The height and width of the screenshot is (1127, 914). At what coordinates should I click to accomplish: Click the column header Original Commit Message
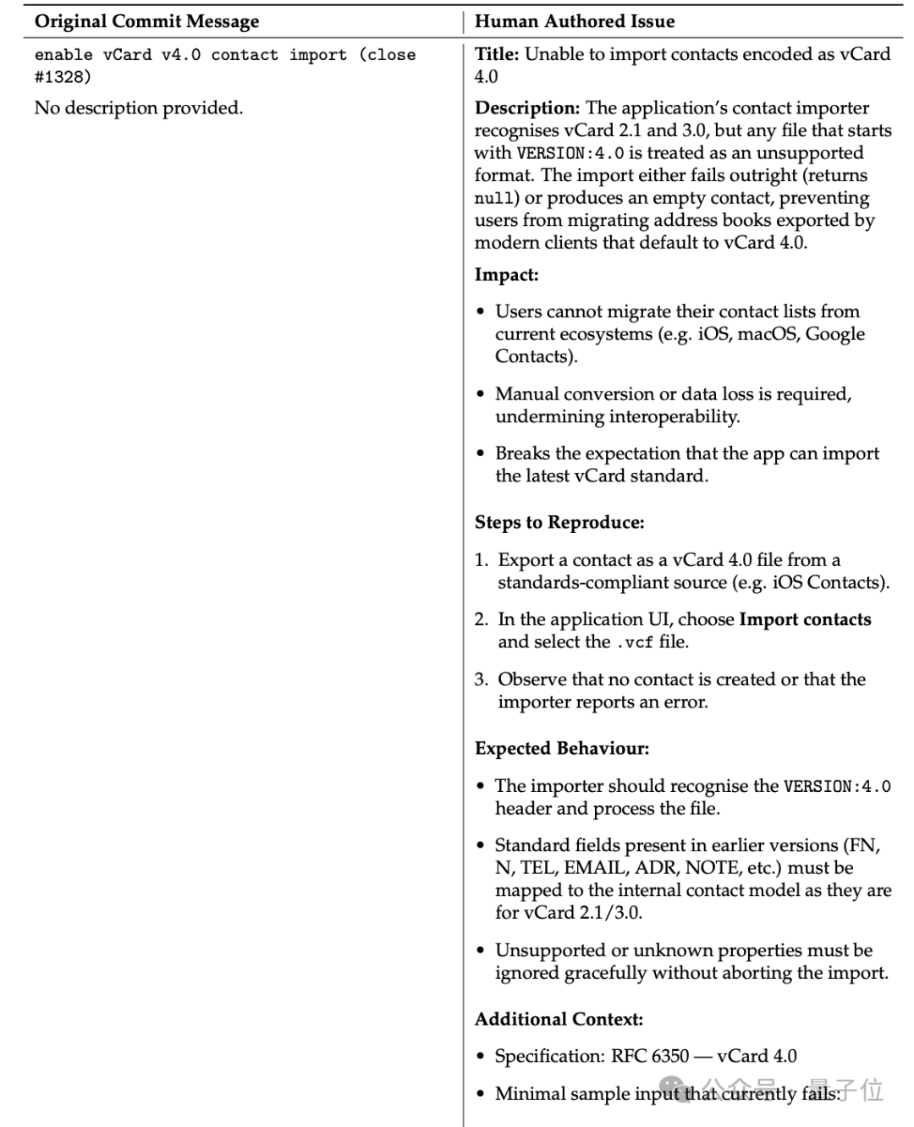[x=146, y=21]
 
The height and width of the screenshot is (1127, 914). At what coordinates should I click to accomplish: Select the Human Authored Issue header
[x=575, y=21]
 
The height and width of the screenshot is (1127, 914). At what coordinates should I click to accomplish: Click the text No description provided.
[x=138, y=108]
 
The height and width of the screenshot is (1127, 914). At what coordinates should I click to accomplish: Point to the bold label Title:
[x=497, y=54]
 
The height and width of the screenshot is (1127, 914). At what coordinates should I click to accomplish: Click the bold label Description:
[x=527, y=108]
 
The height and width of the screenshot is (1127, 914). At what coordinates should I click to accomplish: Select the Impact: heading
[x=506, y=275]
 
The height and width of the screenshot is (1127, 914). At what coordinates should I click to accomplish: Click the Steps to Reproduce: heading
[x=559, y=522]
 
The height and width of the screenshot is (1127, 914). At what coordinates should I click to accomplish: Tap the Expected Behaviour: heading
[x=562, y=748]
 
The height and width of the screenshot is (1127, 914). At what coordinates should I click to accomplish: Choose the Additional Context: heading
[x=559, y=1019]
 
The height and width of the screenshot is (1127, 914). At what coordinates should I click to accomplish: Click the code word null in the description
[x=494, y=199]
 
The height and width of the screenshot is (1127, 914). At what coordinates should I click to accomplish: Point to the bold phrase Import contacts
[x=805, y=619]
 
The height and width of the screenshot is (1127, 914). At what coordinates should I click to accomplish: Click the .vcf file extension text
[x=633, y=642]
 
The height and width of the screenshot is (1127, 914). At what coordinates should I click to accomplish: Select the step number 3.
[x=481, y=679]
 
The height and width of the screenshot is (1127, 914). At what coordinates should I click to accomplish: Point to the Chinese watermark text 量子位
[x=846, y=1090]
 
